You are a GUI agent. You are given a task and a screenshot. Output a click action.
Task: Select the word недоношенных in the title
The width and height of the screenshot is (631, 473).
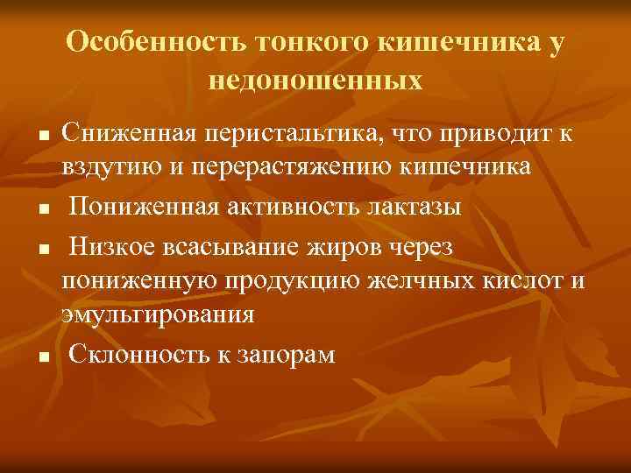(x=315, y=81)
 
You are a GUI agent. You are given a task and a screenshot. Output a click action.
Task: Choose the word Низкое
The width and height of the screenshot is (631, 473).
(x=112, y=248)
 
